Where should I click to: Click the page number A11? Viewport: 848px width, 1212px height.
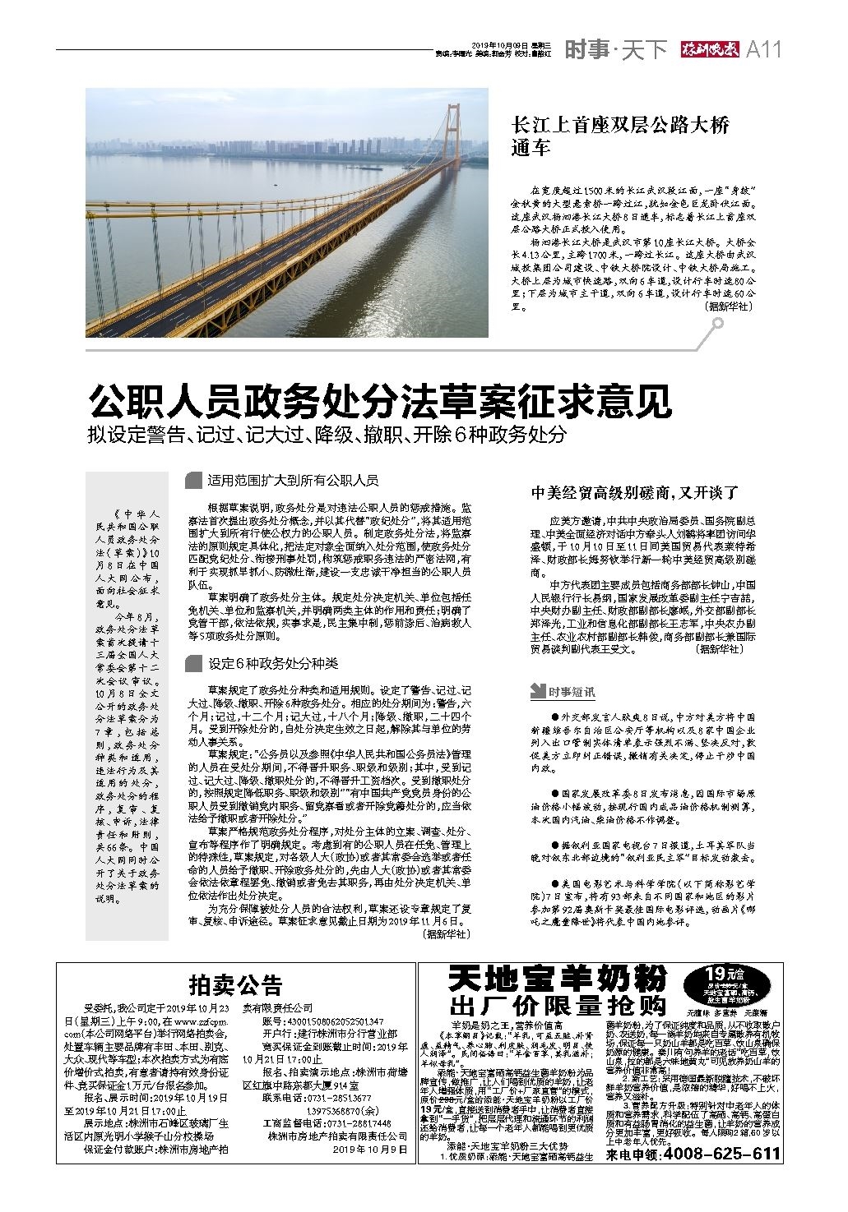click(x=762, y=50)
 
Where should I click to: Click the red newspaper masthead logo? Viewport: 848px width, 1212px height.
click(x=709, y=50)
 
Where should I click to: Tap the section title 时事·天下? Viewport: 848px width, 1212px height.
click(x=615, y=50)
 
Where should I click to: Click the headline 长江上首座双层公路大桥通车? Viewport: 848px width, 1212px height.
click(x=620, y=137)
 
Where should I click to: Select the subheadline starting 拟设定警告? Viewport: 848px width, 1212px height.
click(x=327, y=435)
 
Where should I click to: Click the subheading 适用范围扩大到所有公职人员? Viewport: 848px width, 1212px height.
click(x=293, y=480)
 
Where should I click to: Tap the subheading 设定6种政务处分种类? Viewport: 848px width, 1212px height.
click(x=272, y=663)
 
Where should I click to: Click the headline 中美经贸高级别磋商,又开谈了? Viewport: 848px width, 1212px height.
click(x=635, y=493)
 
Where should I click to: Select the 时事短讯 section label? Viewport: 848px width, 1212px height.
click(x=572, y=693)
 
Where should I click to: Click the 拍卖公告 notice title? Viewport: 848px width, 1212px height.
click(x=235, y=985)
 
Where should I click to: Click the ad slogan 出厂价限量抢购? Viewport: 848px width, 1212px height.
click(x=558, y=1005)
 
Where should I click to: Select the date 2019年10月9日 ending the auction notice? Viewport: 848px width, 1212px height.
click(x=370, y=1150)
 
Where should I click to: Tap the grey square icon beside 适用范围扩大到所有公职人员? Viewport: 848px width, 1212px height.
click(x=195, y=480)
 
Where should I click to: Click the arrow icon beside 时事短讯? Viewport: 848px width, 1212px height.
click(x=538, y=693)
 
